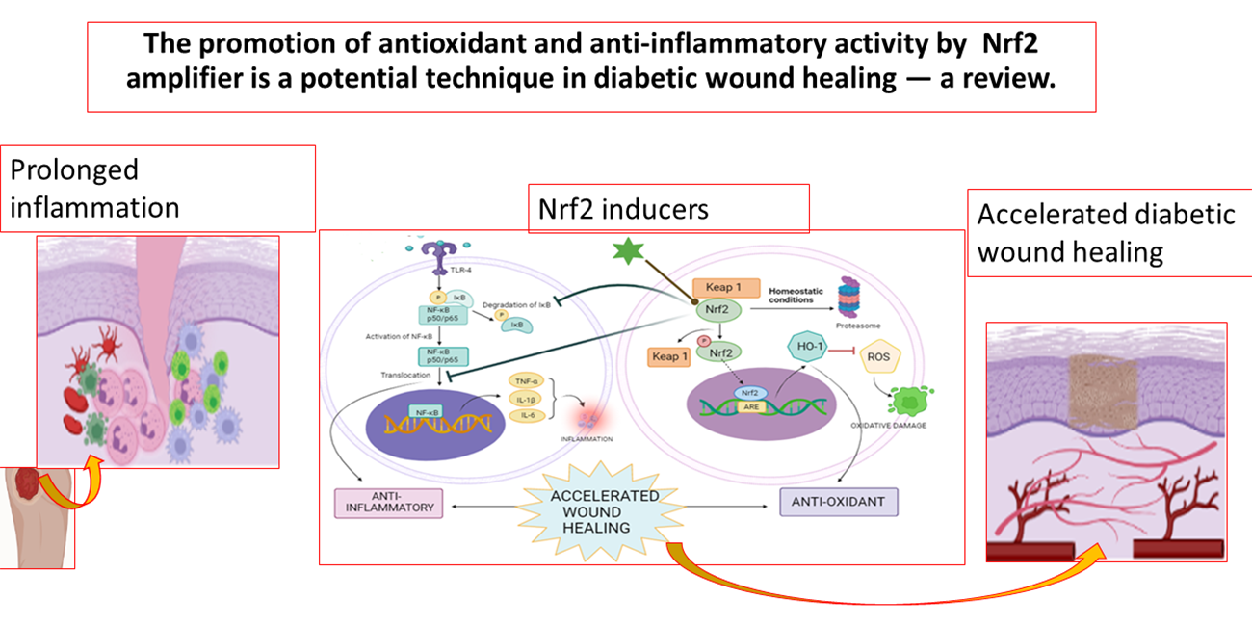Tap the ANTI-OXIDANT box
[837, 502]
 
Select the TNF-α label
[522, 380]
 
